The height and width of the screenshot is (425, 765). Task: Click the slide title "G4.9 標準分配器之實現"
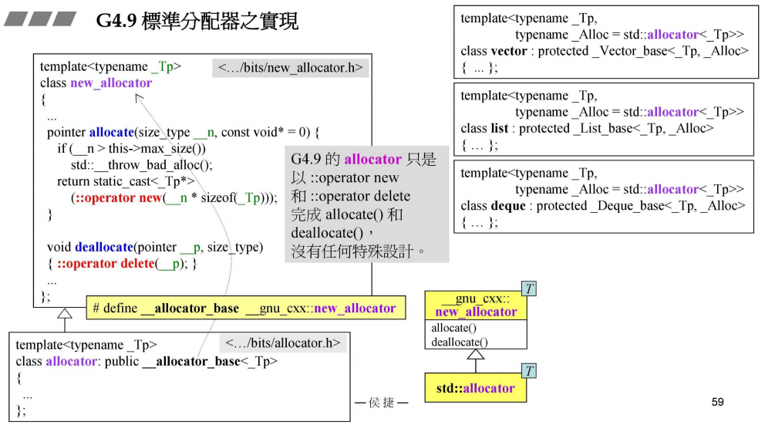pyautogui.click(x=197, y=22)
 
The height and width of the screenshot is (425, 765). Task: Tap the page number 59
pyautogui.click(x=717, y=402)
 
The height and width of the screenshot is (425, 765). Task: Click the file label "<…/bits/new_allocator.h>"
pyautogui.click(x=290, y=68)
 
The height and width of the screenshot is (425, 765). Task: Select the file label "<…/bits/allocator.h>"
pyautogui.click(x=284, y=343)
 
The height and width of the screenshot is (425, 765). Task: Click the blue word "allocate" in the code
pyautogui.click(x=112, y=132)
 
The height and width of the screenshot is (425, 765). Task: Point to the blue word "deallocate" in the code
pyautogui.click(x=103, y=247)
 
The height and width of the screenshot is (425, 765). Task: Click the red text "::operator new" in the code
pyautogui.click(x=117, y=197)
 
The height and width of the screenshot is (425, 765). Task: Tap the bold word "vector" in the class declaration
pyautogui.click(x=508, y=51)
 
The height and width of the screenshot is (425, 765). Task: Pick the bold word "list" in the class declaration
pyautogui.click(x=499, y=128)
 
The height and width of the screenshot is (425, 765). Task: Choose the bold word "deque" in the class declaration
pyautogui.click(x=509, y=206)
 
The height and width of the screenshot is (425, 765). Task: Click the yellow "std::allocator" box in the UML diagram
pyautogui.click(x=475, y=388)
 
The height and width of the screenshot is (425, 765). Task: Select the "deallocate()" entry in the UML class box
pyautogui.click(x=460, y=342)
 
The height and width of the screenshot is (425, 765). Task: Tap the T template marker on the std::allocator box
pyautogui.click(x=529, y=372)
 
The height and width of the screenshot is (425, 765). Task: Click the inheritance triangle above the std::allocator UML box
pyautogui.click(x=476, y=355)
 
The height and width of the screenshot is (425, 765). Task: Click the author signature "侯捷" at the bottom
pyautogui.click(x=381, y=403)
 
